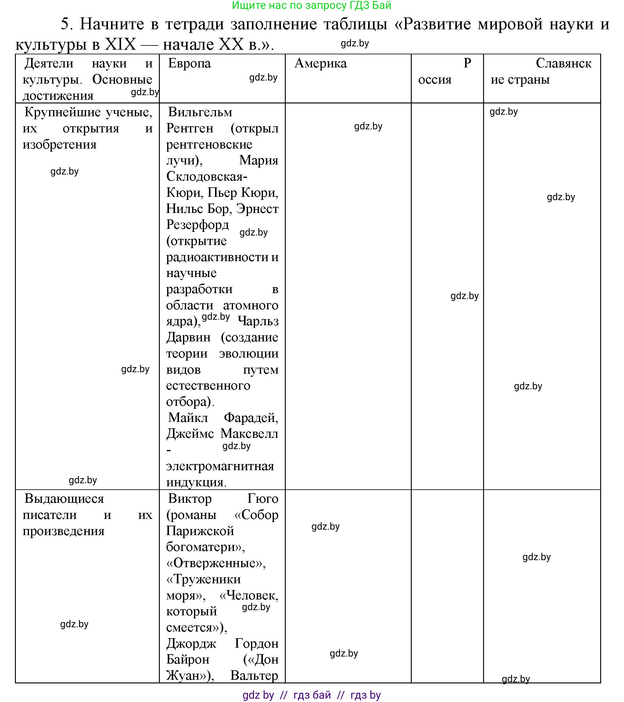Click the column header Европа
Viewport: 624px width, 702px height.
pos(189,63)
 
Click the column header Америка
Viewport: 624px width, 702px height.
pos(321,63)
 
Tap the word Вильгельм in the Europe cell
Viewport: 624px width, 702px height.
pos(200,112)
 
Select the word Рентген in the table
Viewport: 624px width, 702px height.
pos(190,128)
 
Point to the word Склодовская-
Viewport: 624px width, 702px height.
pos(207,177)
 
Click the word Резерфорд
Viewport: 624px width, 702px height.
pos(197,225)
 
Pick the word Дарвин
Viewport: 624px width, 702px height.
pos(188,337)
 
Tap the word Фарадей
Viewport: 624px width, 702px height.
pos(251,418)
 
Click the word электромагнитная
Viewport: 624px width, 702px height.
pos(220,466)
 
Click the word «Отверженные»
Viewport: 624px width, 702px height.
pos(216,563)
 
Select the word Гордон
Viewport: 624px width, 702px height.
pos(256,643)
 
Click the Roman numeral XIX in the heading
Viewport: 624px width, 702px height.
pos(120,44)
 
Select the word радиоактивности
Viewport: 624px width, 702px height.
pos(217,257)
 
